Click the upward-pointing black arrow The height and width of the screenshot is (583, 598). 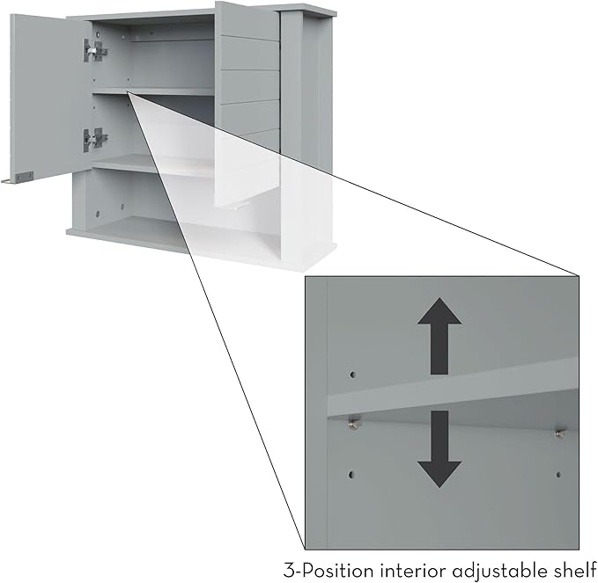(439, 336)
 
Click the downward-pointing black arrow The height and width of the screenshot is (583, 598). (439, 449)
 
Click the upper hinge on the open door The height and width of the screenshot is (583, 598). (95, 50)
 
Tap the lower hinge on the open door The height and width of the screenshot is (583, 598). (95, 139)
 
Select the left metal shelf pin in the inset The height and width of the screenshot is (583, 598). (354, 424)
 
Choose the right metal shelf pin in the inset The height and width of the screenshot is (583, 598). (560, 434)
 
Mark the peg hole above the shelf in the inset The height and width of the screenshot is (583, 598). (353, 375)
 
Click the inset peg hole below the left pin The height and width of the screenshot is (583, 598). (351, 475)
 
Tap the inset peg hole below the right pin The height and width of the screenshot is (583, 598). (558, 475)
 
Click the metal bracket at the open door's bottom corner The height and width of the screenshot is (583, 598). (25, 177)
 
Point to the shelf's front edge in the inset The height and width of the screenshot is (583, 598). (453, 398)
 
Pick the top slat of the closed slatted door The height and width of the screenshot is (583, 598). (247, 20)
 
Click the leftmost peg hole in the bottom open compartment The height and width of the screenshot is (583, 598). (97, 214)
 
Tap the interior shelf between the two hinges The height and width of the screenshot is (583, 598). (152, 91)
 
